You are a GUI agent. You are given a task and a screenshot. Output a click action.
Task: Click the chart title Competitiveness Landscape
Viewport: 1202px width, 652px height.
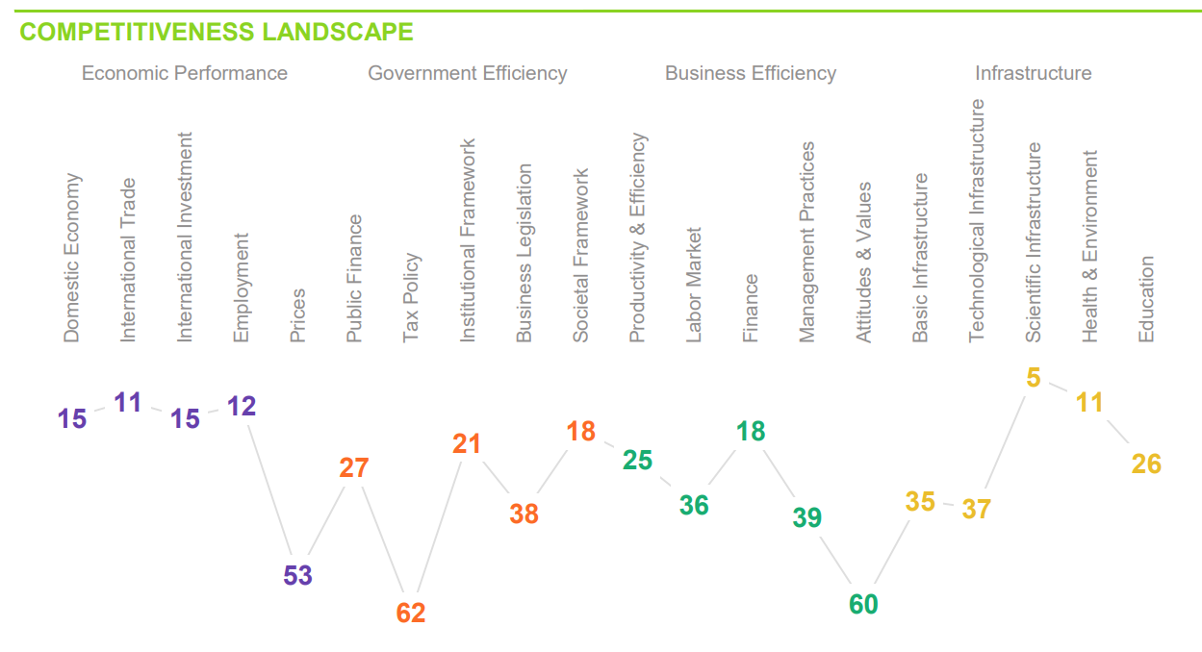coord(217,32)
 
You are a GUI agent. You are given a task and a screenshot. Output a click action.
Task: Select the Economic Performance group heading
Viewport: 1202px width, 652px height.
coord(184,73)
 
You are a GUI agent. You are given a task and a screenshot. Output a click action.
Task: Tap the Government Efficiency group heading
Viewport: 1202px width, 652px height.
coord(467,73)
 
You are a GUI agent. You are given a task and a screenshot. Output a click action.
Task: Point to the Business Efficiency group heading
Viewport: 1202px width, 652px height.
coord(750,73)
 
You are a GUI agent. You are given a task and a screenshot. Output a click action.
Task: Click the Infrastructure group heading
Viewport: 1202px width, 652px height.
coord(1033,73)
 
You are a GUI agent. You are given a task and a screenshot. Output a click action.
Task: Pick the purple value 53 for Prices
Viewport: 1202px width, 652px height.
coord(297,576)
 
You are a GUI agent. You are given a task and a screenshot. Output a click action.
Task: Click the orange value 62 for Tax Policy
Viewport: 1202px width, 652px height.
coord(411,613)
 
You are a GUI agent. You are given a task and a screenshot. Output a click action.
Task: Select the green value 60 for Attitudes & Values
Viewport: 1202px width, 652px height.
coord(863,604)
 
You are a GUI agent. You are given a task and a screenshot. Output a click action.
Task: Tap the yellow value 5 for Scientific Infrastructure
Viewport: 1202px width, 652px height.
coord(1033,378)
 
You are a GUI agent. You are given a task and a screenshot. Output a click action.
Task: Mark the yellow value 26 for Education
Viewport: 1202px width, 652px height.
coord(1146,464)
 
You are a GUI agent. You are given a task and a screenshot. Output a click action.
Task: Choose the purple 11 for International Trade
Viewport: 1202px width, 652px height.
coord(128,402)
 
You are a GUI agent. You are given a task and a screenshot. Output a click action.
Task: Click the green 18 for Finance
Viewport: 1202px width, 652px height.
coord(751,432)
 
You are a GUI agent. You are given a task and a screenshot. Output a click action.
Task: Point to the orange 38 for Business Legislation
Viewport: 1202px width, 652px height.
coord(524,514)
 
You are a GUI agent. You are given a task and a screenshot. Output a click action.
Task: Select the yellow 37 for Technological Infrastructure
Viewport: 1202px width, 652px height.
coord(976,509)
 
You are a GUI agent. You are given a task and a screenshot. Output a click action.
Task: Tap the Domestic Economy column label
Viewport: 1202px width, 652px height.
coord(72,258)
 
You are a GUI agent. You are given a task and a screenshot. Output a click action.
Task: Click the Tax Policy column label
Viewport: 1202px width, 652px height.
coord(411,297)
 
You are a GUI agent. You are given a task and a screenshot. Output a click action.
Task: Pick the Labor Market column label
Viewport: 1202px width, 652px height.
coord(694,285)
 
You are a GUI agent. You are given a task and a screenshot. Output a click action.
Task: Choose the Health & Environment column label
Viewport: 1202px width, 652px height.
coord(1089,246)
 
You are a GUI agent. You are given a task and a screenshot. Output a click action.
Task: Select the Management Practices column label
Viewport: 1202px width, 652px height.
coord(807,242)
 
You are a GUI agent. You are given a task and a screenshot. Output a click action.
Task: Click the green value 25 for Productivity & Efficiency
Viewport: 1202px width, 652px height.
coord(637,461)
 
